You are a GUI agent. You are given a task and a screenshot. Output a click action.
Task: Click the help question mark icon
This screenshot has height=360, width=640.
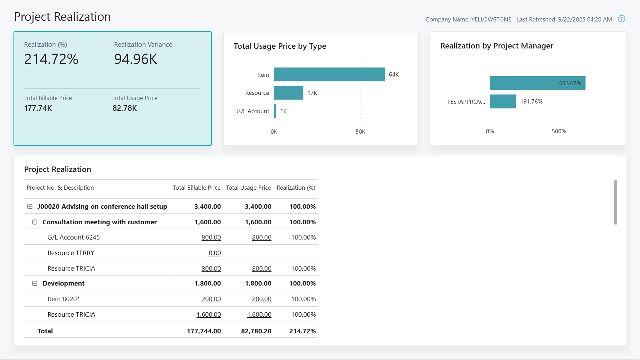[x=621, y=19]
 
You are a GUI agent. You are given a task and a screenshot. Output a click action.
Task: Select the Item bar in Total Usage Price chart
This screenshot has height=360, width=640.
[x=329, y=74]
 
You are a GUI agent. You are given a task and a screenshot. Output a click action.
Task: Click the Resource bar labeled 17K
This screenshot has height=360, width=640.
[x=288, y=93]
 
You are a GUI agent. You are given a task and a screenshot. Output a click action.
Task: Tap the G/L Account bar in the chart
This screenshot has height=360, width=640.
[x=275, y=111]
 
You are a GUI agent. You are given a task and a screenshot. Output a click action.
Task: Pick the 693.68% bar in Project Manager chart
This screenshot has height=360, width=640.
[x=537, y=83]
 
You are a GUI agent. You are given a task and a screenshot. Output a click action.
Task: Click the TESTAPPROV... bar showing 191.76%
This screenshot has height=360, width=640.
[x=503, y=101]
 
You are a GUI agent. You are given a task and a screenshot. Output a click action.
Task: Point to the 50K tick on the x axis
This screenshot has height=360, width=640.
[x=360, y=132]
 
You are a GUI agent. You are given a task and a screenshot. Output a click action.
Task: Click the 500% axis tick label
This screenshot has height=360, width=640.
[x=559, y=131]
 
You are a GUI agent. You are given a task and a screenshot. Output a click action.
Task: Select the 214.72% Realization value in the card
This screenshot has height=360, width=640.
[x=51, y=59]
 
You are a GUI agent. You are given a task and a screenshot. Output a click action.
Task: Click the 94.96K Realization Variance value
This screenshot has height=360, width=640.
[x=136, y=59]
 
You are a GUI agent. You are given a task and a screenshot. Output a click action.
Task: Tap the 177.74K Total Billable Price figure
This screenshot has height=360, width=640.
[x=38, y=108]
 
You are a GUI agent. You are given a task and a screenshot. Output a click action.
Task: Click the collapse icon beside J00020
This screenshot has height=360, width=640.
[x=30, y=207]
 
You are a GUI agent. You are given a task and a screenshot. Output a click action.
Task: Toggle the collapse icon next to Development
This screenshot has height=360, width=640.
[x=35, y=283]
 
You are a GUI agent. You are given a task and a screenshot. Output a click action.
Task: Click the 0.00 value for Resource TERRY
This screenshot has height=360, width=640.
[x=215, y=253]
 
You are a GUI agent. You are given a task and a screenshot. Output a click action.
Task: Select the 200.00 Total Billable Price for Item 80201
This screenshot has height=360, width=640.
[x=211, y=299]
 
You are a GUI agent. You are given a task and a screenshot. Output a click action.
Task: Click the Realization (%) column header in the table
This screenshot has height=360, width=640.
[x=296, y=188]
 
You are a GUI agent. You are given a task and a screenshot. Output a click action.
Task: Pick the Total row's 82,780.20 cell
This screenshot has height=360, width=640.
[x=256, y=331]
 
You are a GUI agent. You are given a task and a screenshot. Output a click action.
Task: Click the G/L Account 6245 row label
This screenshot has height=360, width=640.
[x=73, y=237]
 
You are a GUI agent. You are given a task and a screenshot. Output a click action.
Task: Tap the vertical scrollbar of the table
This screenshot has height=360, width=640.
[x=615, y=202]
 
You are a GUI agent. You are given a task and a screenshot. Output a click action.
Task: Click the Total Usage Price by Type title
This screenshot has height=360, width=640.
[x=280, y=46]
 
